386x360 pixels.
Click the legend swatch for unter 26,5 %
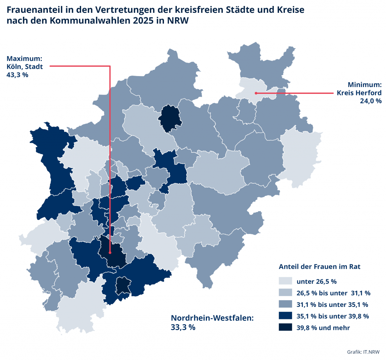coord(285,281)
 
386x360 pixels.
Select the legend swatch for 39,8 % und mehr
coord(285,328)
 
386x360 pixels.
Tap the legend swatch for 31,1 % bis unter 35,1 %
coord(285,304)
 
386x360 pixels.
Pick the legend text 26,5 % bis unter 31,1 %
coord(333,293)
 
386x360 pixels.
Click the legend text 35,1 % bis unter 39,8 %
coord(332,316)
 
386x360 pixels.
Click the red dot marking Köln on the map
coord(110,253)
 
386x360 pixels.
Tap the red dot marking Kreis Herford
coord(255,93)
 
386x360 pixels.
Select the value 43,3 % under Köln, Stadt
coord(17,75)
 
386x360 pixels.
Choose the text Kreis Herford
coord(359,93)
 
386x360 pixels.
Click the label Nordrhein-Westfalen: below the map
coord(212,318)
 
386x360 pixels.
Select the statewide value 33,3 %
coord(183,327)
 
